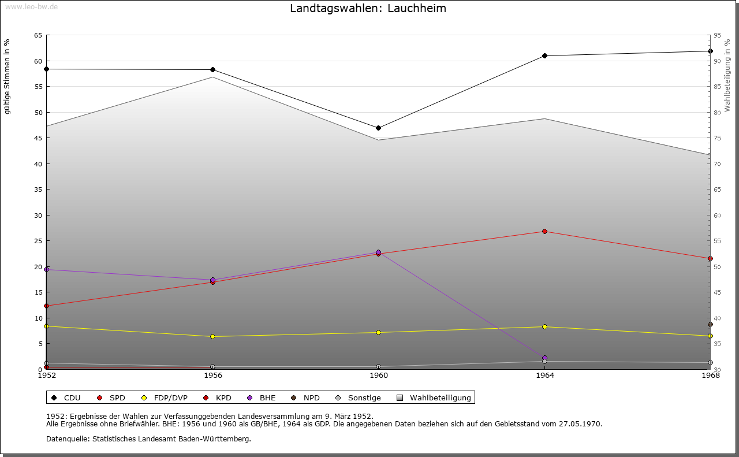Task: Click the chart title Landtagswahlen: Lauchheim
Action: click(368, 9)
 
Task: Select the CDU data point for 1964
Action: click(544, 56)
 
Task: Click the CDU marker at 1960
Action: click(378, 128)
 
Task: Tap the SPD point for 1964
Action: click(544, 232)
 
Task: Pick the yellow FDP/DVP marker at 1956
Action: click(212, 337)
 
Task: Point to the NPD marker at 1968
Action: click(710, 325)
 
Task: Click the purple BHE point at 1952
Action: click(47, 270)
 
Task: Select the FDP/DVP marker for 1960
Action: click(378, 333)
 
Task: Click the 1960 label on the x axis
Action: click(379, 376)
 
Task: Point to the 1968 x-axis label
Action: click(710, 376)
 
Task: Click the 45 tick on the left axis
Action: click(38, 138)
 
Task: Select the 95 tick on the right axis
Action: click(717, 36)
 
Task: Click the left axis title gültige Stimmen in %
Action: click(8, 77)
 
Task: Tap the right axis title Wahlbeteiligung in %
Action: click(727, 76)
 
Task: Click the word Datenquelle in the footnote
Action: click(65, 439)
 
